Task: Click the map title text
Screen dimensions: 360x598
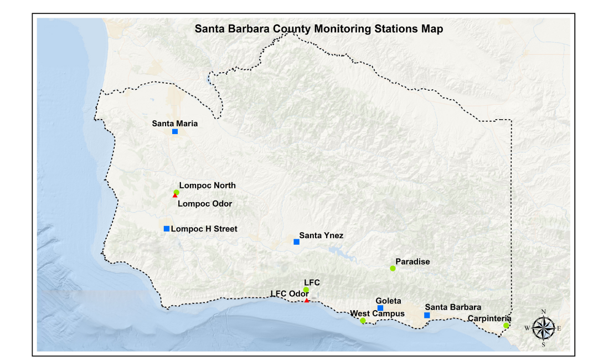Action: [318, 29]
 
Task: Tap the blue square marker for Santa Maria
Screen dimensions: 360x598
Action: [175, 131]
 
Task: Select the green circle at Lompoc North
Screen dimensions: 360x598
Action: [177, 192]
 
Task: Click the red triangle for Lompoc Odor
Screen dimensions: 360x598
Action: [175, 196]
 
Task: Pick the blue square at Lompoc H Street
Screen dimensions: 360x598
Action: [167, 229]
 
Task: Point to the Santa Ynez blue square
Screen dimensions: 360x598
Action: [296, 242]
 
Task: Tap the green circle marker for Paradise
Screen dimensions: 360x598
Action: [393, 269]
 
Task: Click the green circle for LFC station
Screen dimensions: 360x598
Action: [306, 290]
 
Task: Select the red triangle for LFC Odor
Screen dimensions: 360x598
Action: [307, 300]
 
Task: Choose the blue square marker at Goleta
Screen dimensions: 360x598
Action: [380, 308]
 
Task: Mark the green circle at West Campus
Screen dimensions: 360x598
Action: [363, 321]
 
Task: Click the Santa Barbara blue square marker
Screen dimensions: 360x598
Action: [427, 315]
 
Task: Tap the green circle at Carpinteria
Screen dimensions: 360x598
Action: [506, 326]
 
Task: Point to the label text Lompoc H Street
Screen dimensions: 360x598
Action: [204, 229]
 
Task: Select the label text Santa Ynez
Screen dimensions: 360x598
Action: [321, 235]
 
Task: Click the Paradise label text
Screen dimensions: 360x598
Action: [413, 261]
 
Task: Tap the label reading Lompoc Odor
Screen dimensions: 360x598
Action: [205, 204]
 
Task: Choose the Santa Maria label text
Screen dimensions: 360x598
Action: [175, 124]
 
